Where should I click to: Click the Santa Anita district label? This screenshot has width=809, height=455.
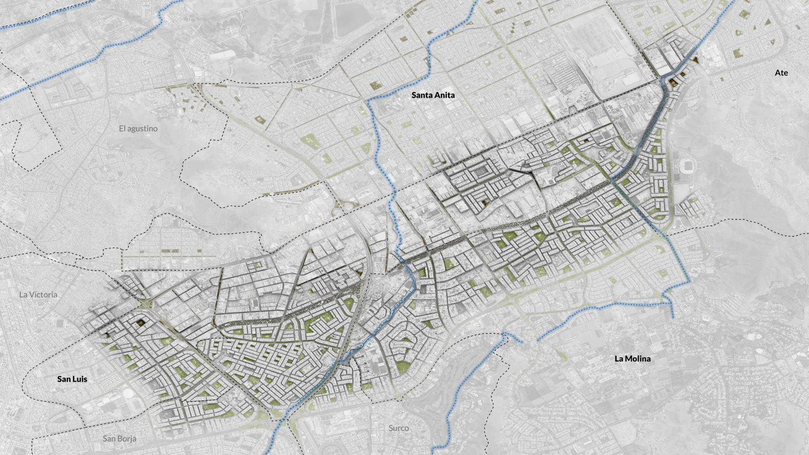433,95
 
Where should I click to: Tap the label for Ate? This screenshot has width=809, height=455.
781,73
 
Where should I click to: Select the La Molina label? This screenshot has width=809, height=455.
632,358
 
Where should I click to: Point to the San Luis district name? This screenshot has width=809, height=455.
72,379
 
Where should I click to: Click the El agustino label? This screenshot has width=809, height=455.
138,129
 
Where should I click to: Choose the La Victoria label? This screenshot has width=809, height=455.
38,294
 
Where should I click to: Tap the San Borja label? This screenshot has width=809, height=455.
119,438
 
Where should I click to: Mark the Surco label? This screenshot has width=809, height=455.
398,428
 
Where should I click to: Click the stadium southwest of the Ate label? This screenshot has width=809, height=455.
687,165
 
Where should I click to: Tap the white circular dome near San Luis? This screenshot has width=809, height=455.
128,393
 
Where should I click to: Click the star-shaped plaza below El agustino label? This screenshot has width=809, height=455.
105,167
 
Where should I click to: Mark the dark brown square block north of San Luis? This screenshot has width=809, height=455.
141,322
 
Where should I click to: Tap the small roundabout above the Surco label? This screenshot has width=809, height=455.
400,398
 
